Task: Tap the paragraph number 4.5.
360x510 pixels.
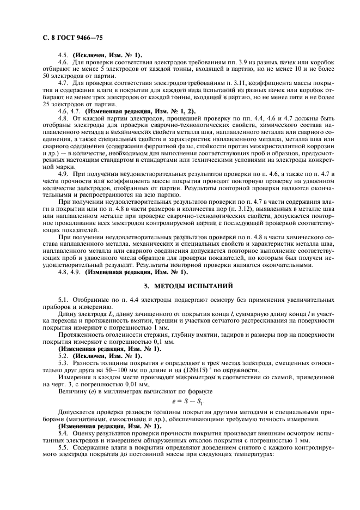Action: coord(63,54)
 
